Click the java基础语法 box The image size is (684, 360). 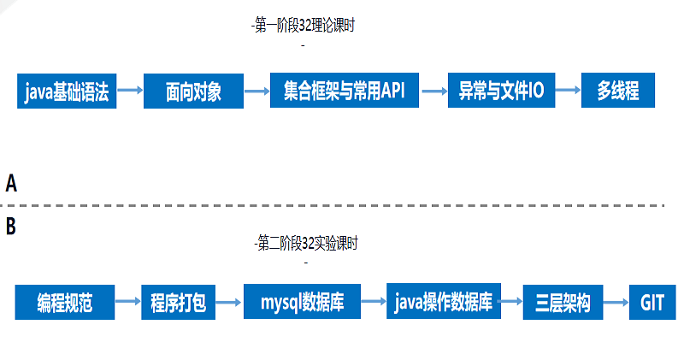(67, 91)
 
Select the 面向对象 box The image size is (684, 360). (193, 91)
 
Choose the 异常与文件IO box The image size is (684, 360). (501, 91)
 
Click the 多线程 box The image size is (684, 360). (618, 91)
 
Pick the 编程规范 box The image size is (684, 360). (64, 302)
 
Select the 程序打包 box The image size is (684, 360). (179, 303)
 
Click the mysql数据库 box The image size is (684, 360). (302, 302)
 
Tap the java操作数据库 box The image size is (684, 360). (443, 301)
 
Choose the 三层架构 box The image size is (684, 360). (563, 303)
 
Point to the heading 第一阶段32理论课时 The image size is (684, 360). (304, 27)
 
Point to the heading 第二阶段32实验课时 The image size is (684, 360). (305, 244)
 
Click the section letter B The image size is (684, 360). (11, 227)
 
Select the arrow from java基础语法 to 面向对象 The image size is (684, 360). (129, 91)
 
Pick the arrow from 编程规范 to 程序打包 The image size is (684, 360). (127, 302)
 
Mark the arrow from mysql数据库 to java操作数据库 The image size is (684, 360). (373, 301)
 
